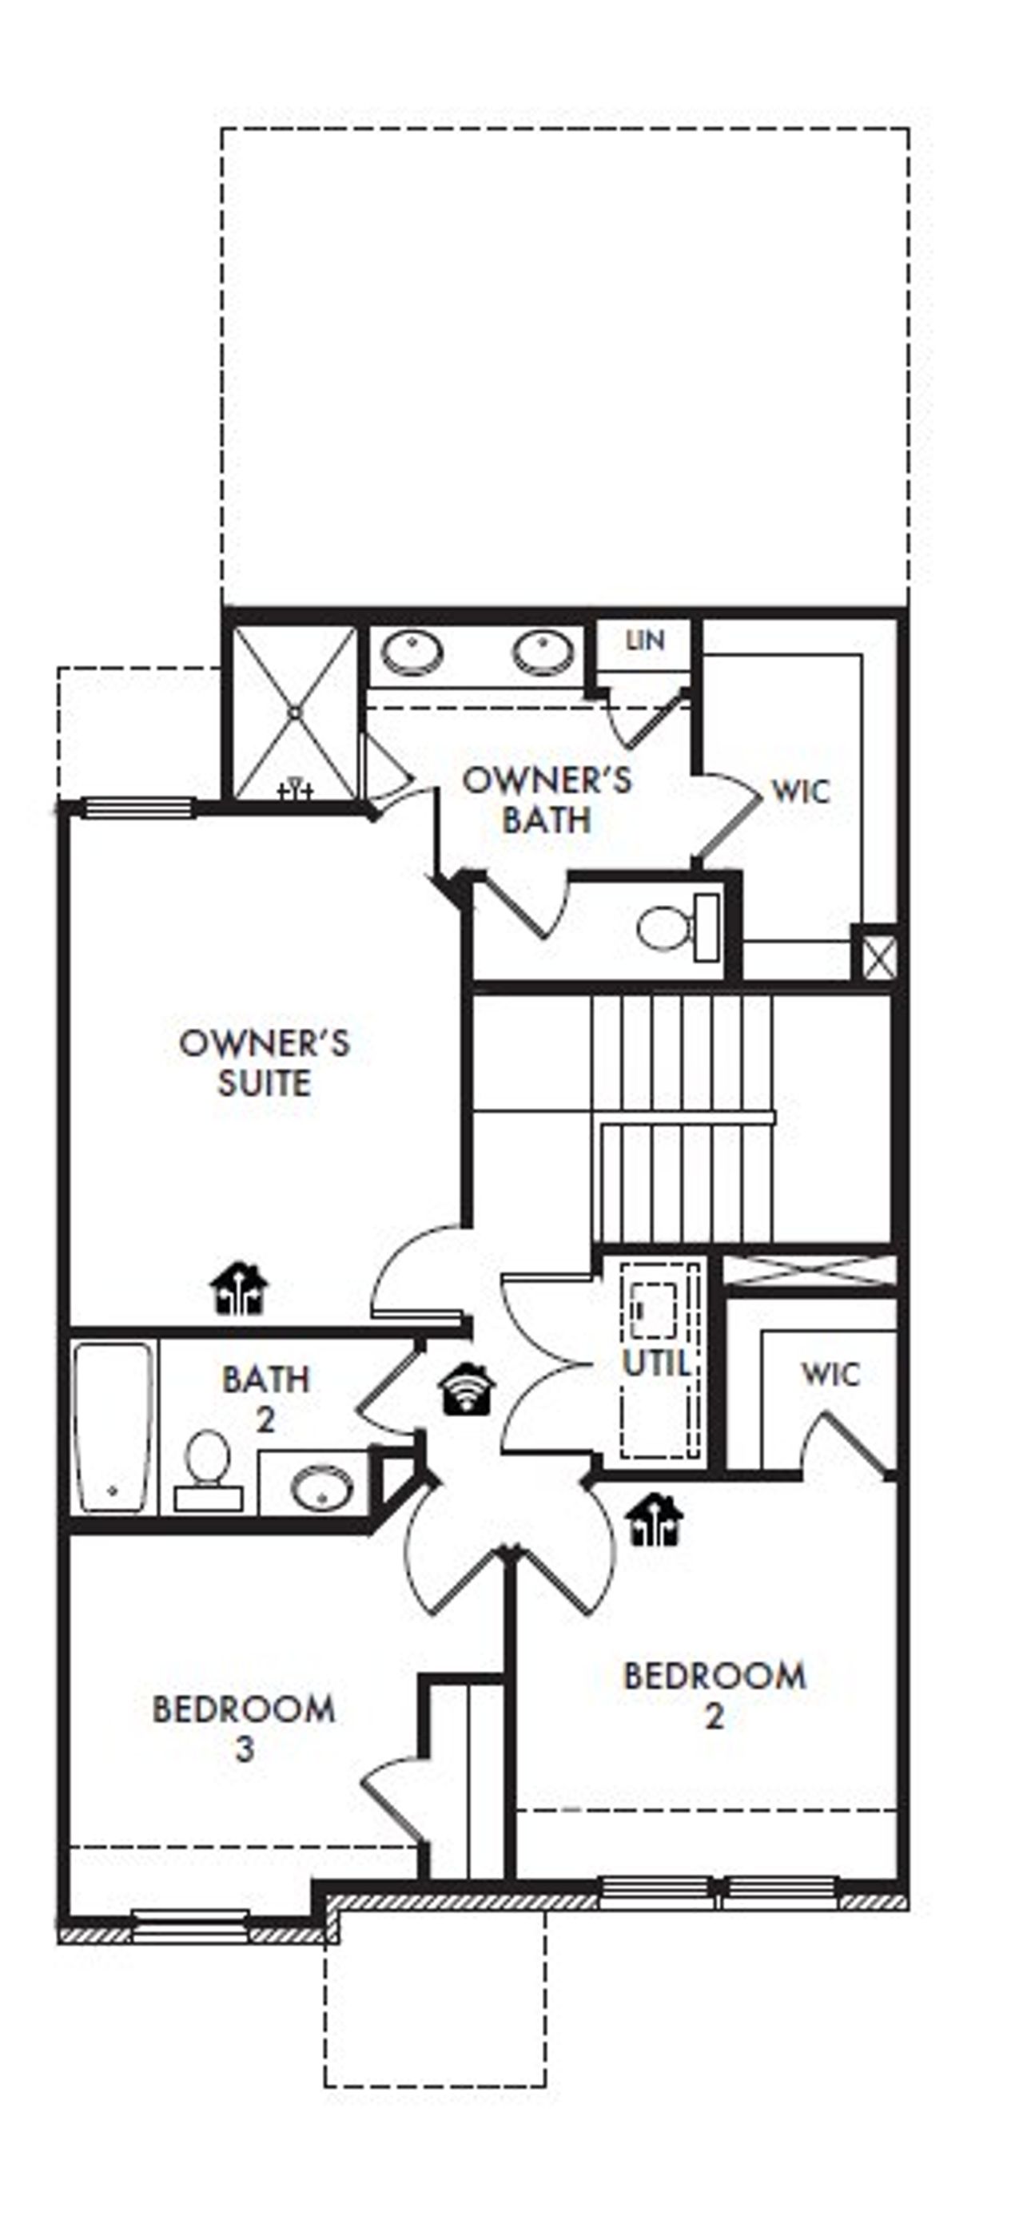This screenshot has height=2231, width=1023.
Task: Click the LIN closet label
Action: (x=644, y=641)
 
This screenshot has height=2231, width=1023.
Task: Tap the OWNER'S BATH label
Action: (x=547, y=800)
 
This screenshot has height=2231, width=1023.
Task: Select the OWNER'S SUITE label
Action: (x=265, y=1062)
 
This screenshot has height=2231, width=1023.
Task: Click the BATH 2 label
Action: (x=266, y=1398)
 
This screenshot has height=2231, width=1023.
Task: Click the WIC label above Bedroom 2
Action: (x=830, y=1374)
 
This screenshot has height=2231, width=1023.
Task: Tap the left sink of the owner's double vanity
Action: (x=412, y=651)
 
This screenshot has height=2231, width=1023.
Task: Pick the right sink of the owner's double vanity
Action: (x=543, y=651)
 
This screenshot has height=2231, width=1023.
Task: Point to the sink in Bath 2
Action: (x=320, y=1487)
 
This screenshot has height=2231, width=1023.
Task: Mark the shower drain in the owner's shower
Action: (x=295, y=712)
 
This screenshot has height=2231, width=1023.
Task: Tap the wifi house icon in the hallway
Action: (x=467, y=1389)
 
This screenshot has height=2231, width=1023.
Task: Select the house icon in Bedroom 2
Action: (x=655, y=1519)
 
